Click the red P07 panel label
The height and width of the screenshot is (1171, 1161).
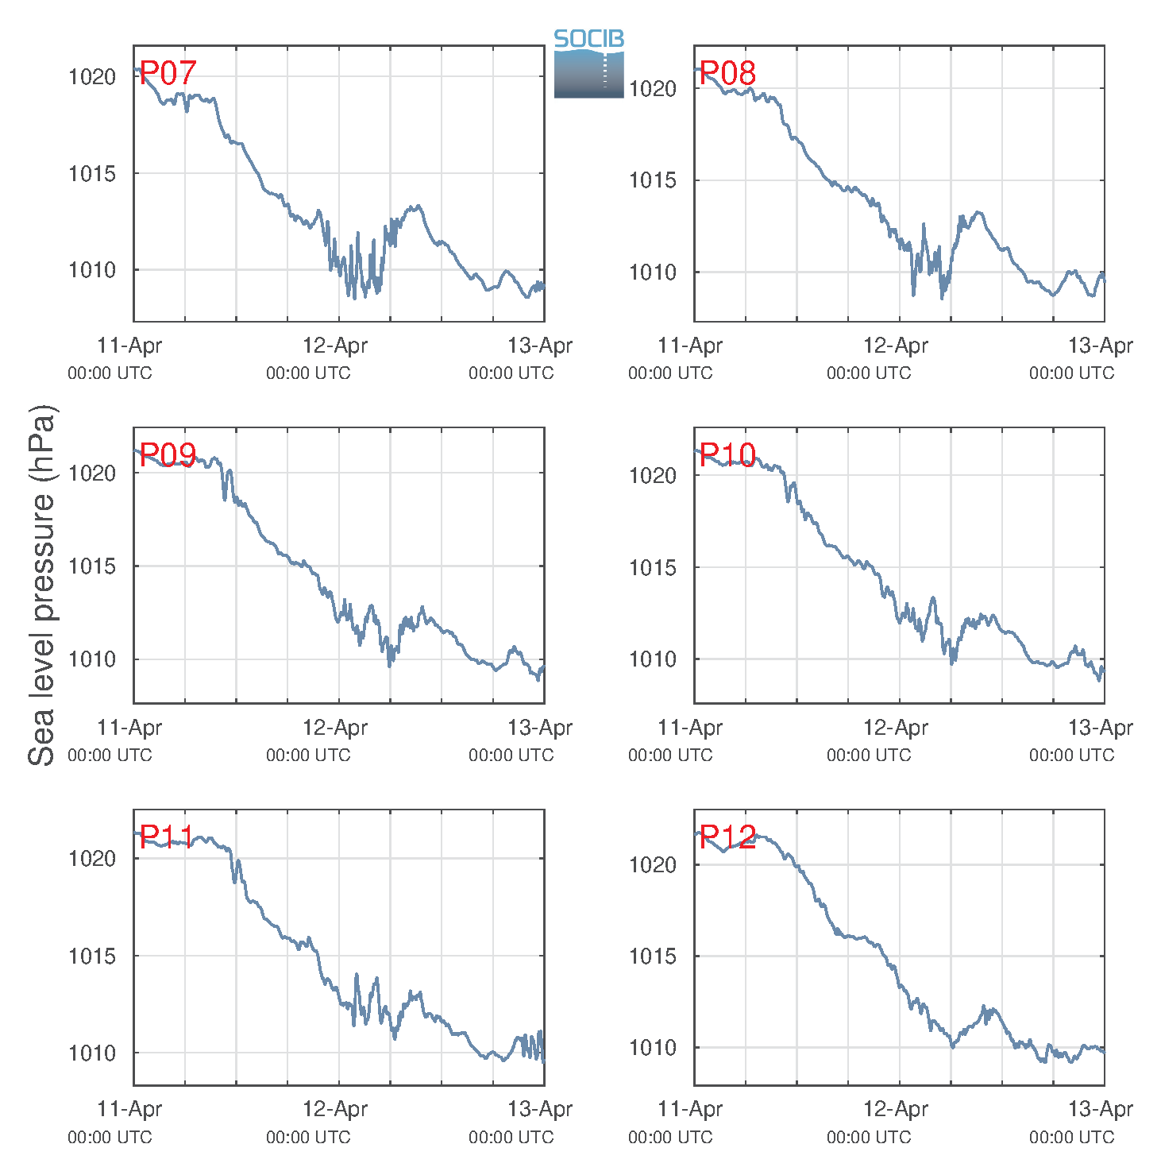coord(168,73)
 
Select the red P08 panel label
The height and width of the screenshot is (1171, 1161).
coord(728,73)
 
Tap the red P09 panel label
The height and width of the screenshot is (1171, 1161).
coord(168,454)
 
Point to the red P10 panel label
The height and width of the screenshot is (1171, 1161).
coord(728,454)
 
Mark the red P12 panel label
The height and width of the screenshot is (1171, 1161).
coord(728,837)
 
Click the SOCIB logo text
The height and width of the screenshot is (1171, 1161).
coord(588,39)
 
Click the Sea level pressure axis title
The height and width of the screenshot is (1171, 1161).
coord(43,585)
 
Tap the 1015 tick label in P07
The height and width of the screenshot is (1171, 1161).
coord(92,174)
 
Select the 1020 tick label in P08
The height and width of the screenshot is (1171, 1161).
coord(652,89)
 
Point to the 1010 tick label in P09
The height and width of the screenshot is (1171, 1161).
coord(92,659)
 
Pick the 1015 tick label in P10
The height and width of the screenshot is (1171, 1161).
coord(652,567)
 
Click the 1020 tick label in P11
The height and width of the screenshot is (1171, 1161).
coord(92,859)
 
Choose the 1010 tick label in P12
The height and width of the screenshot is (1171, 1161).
coord(652,1048)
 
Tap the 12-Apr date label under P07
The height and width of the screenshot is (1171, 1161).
coord(335,346)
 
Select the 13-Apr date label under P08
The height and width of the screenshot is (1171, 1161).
coord(1100,346)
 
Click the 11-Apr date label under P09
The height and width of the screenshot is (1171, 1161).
coord(129,728)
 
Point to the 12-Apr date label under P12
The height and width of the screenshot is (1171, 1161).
coord(896,1109)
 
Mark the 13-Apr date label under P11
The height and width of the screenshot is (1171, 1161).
coord(540,1109)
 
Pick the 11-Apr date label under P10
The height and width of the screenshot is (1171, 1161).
coord(690,728)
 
